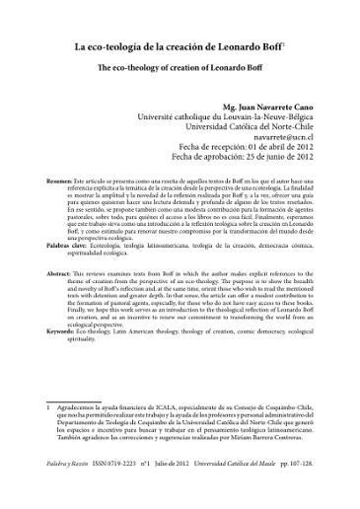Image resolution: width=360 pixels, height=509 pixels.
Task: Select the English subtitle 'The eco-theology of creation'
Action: [x=178, y=70]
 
